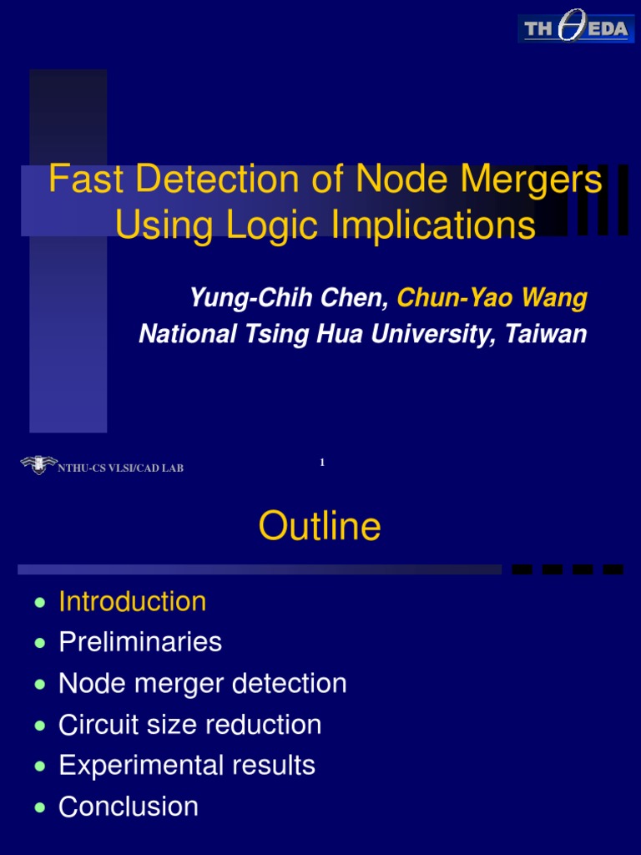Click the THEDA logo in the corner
click(575, 29)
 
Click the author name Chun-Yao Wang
click(492, 297)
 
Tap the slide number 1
click(321, 462)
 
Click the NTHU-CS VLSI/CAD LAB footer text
click(120, 468)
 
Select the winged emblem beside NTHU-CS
click(38, 465)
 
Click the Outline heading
click(320, 527)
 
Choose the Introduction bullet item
click(132, 601)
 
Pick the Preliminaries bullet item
click(140, 642)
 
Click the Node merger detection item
click(202, 683)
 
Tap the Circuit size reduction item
click(189, 724)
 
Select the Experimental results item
click(187, 765)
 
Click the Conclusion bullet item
click(129, 807)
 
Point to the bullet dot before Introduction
click(40, 603)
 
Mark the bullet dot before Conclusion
click(40, 807)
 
